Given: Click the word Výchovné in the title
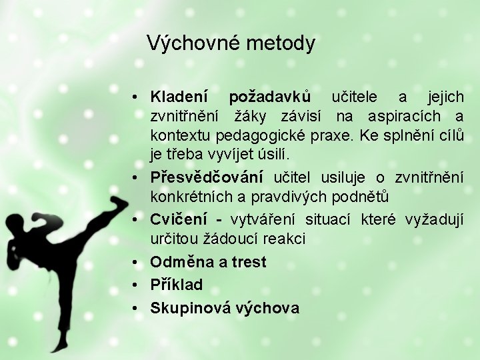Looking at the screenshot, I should click(193, 44).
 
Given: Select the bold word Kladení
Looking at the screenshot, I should click(179, 97).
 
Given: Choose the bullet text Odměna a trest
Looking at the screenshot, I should click(208, 262).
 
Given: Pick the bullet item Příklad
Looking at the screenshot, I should click(176, 285).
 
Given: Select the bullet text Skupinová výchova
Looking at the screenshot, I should click(225, 307).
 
